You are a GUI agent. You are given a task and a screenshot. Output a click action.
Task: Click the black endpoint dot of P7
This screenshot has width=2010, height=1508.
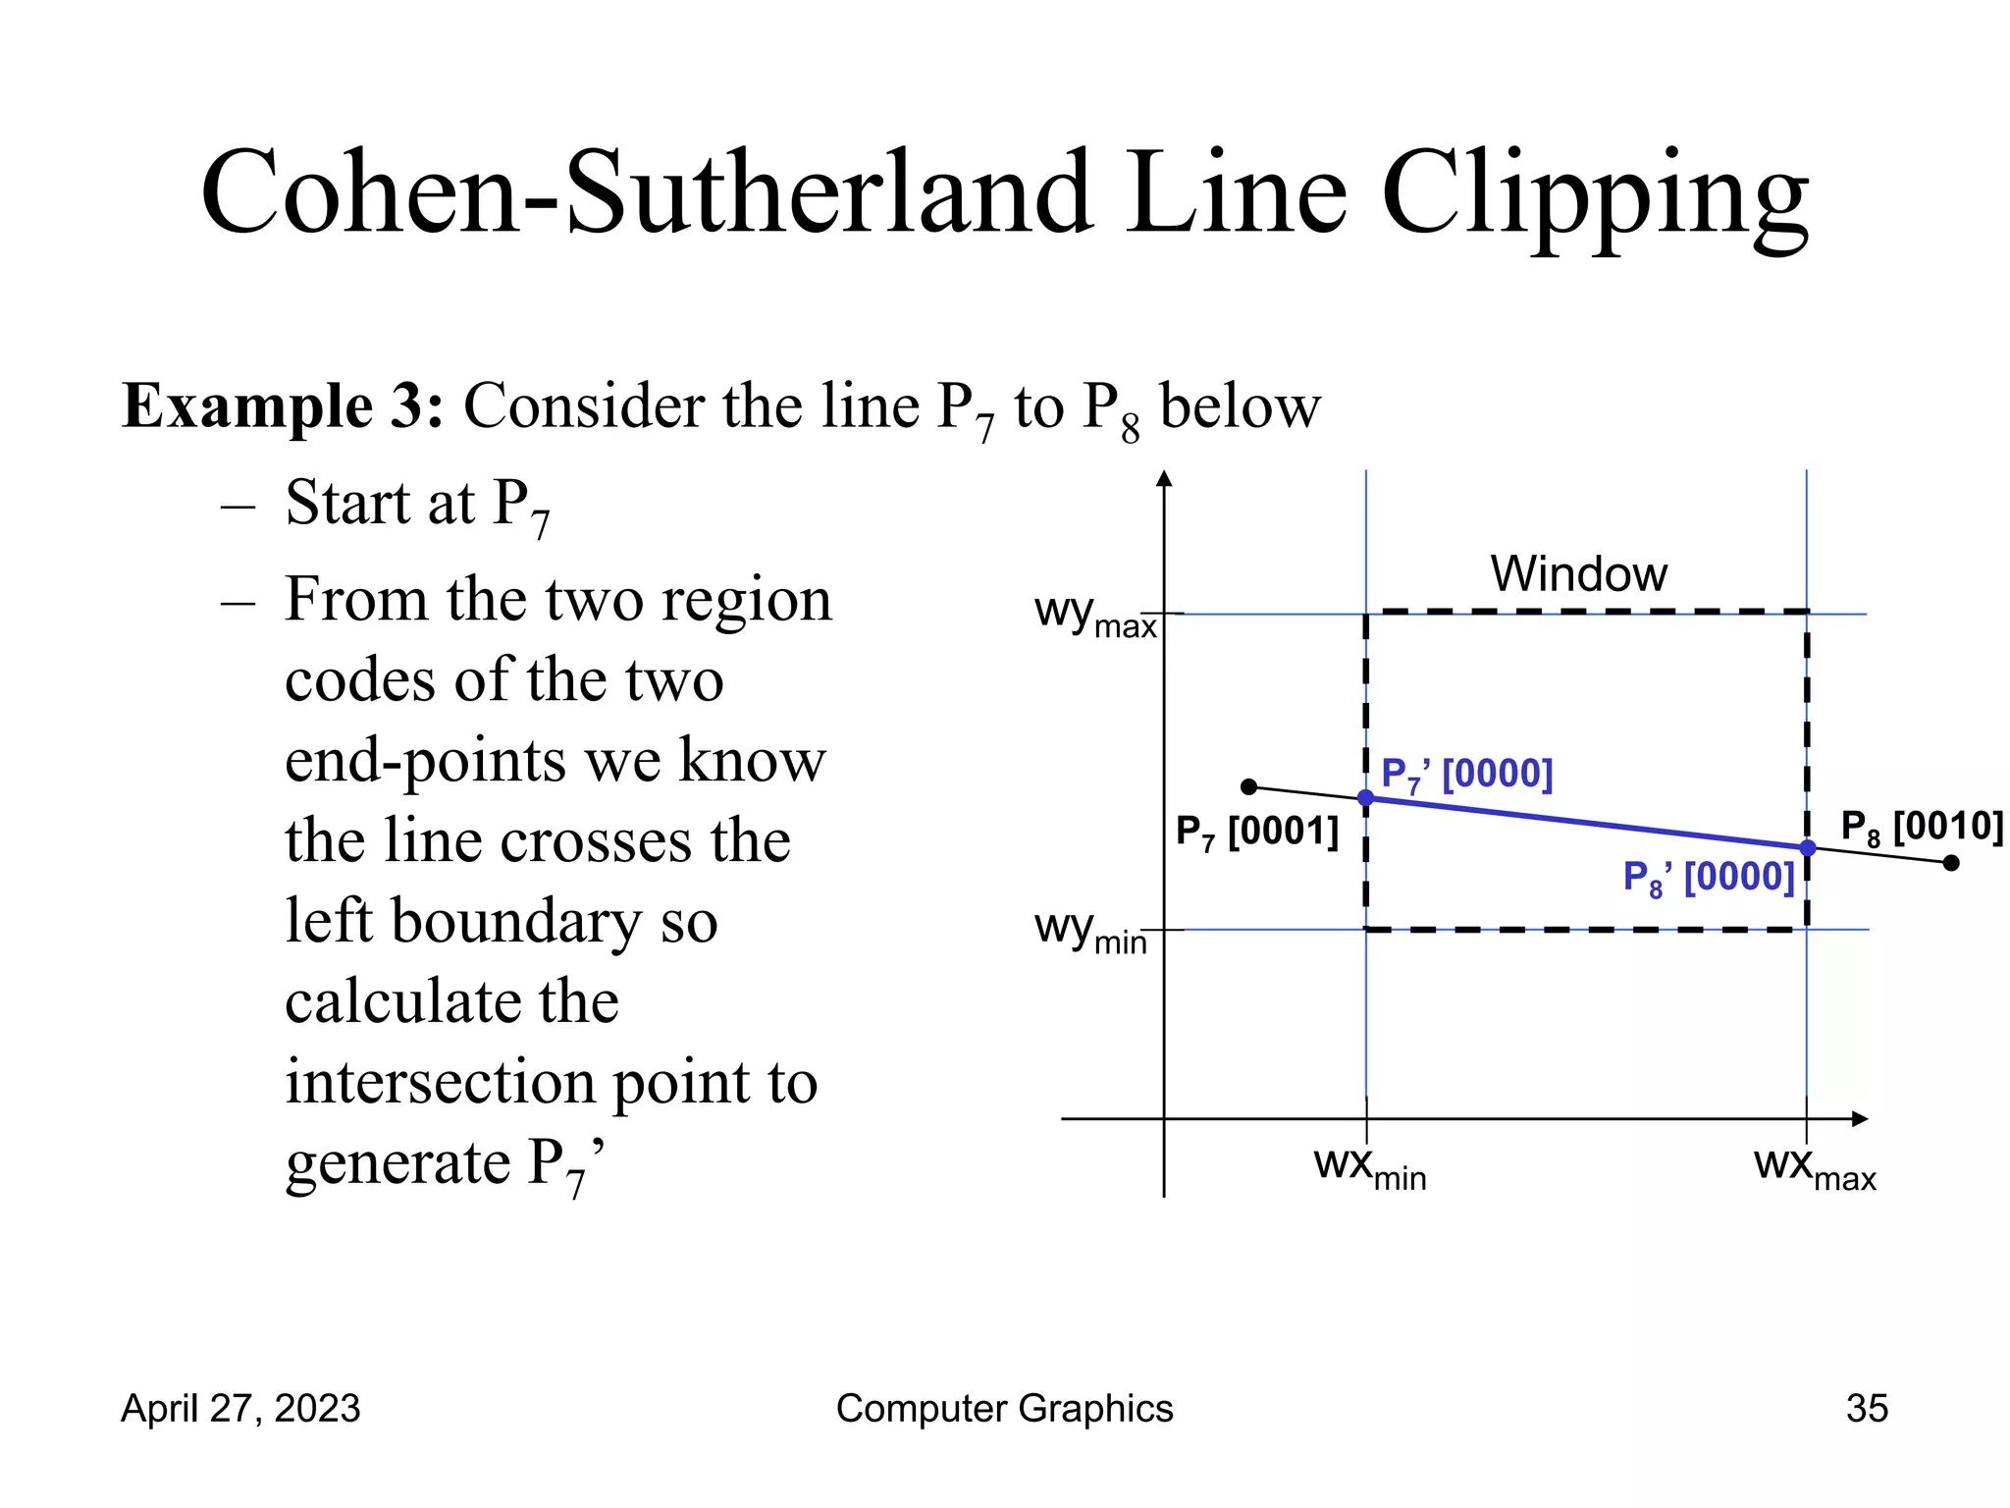(1248, 786)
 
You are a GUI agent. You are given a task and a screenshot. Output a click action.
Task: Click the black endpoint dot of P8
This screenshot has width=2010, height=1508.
(1951, 863)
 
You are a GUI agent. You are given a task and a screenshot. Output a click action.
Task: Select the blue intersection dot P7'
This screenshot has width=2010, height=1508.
(1365, 798)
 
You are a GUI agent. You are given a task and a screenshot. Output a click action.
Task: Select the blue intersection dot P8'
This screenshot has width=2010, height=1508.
(1807, 847)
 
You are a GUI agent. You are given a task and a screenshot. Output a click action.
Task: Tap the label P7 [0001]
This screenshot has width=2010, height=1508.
(1257, 833)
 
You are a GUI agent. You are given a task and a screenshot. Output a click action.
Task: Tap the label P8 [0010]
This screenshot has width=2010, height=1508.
(1922, 828)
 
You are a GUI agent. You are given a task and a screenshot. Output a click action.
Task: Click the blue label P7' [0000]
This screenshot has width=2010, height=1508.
(1466, 775)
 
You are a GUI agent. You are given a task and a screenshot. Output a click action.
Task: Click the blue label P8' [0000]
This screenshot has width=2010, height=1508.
(1708, 877)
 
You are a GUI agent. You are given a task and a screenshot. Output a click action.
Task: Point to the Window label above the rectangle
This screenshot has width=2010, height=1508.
(1578, 573)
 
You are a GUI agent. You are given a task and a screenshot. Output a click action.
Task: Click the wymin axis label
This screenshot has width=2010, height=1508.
(1090, 930)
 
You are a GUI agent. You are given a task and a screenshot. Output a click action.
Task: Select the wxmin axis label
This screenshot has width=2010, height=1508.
(1369, 1167)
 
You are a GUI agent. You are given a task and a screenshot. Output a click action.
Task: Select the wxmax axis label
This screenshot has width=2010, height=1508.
(1814, 1167)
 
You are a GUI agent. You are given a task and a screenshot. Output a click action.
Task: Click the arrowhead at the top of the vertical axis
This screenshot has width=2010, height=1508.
(1164, 479)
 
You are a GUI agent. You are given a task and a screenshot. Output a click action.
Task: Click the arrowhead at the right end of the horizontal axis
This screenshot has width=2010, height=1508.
(1859, 1119)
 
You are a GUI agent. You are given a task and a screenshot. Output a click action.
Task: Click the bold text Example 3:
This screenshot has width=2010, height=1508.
(283, 405)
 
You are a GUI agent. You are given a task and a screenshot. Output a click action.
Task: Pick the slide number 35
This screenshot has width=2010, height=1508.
(1867, 1408)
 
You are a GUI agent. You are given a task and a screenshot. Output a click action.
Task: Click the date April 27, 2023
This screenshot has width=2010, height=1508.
(240, 1408)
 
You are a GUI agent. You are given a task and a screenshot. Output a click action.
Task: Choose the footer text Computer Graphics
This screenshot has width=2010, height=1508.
(1004, 1408)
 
